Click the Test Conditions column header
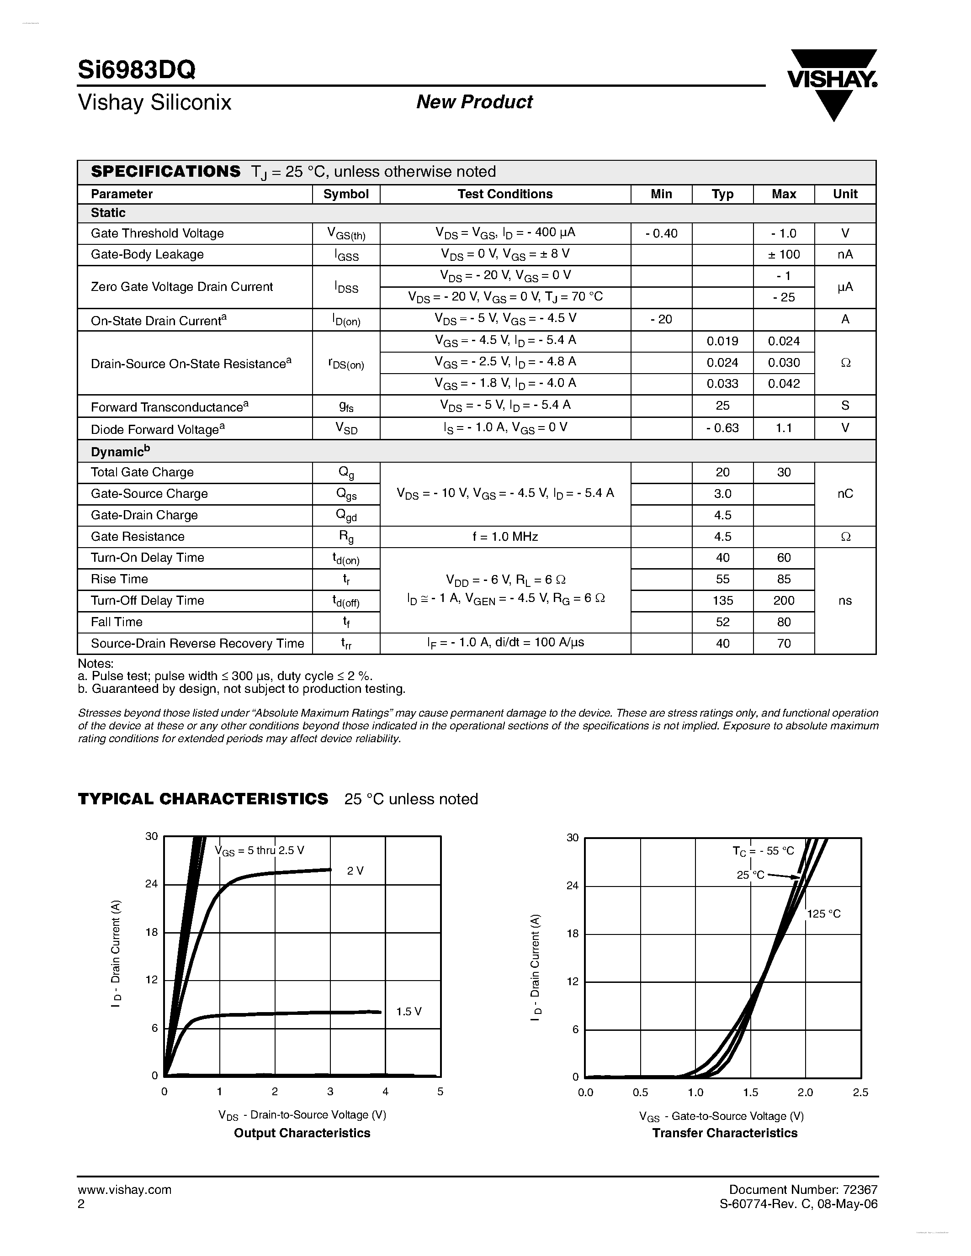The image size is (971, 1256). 504,194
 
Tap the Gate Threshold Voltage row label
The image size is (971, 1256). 157,233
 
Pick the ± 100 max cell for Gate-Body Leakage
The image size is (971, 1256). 784,254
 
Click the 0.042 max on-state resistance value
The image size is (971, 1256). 784,384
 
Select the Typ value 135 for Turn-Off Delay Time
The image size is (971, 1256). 722,601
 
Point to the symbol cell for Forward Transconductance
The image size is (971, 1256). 346,406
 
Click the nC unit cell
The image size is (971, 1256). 844,493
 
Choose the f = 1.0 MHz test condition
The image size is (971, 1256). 504,537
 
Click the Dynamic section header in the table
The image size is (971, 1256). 120,451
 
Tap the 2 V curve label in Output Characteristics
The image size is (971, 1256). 355,871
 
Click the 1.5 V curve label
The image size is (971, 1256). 409,1012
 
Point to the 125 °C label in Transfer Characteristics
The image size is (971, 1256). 824,914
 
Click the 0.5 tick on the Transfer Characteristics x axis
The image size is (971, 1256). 640,1092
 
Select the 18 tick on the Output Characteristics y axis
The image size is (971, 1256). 151,932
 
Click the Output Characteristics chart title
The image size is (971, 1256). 302,1133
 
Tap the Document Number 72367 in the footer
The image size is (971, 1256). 803,1189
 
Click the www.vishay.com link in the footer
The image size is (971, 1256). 124,1190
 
